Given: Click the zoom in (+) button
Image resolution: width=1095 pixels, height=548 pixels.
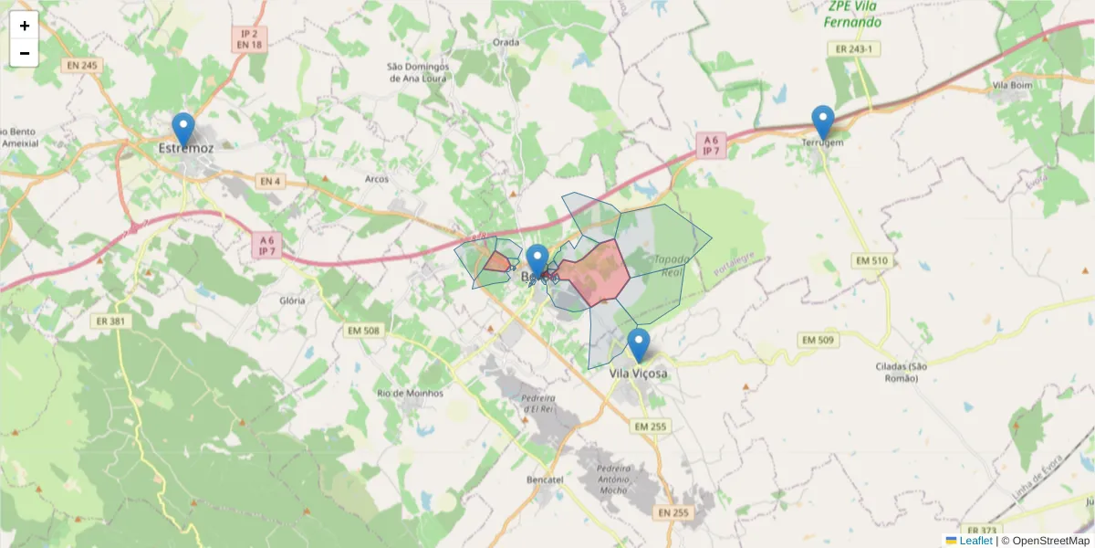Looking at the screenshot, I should (25, 26).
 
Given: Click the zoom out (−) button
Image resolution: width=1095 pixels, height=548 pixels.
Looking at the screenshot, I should (25, 53).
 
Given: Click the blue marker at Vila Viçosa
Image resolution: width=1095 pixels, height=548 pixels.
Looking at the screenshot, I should (639, 345).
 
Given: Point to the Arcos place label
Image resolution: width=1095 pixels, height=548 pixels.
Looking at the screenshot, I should (377, 179).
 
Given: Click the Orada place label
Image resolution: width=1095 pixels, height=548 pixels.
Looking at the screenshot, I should (506, 42).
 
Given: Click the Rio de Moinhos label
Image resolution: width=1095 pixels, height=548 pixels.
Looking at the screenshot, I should (410, 393).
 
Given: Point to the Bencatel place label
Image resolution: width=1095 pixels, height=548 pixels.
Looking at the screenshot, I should (546, 479).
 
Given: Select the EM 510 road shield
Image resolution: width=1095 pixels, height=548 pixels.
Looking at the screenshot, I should (871, 261).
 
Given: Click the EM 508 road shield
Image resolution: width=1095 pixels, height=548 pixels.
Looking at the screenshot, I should (364, 330).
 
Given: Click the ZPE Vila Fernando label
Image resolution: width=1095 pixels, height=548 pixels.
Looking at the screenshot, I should (853, 14).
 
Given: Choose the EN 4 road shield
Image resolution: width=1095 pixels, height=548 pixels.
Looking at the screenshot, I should (268, 182).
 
